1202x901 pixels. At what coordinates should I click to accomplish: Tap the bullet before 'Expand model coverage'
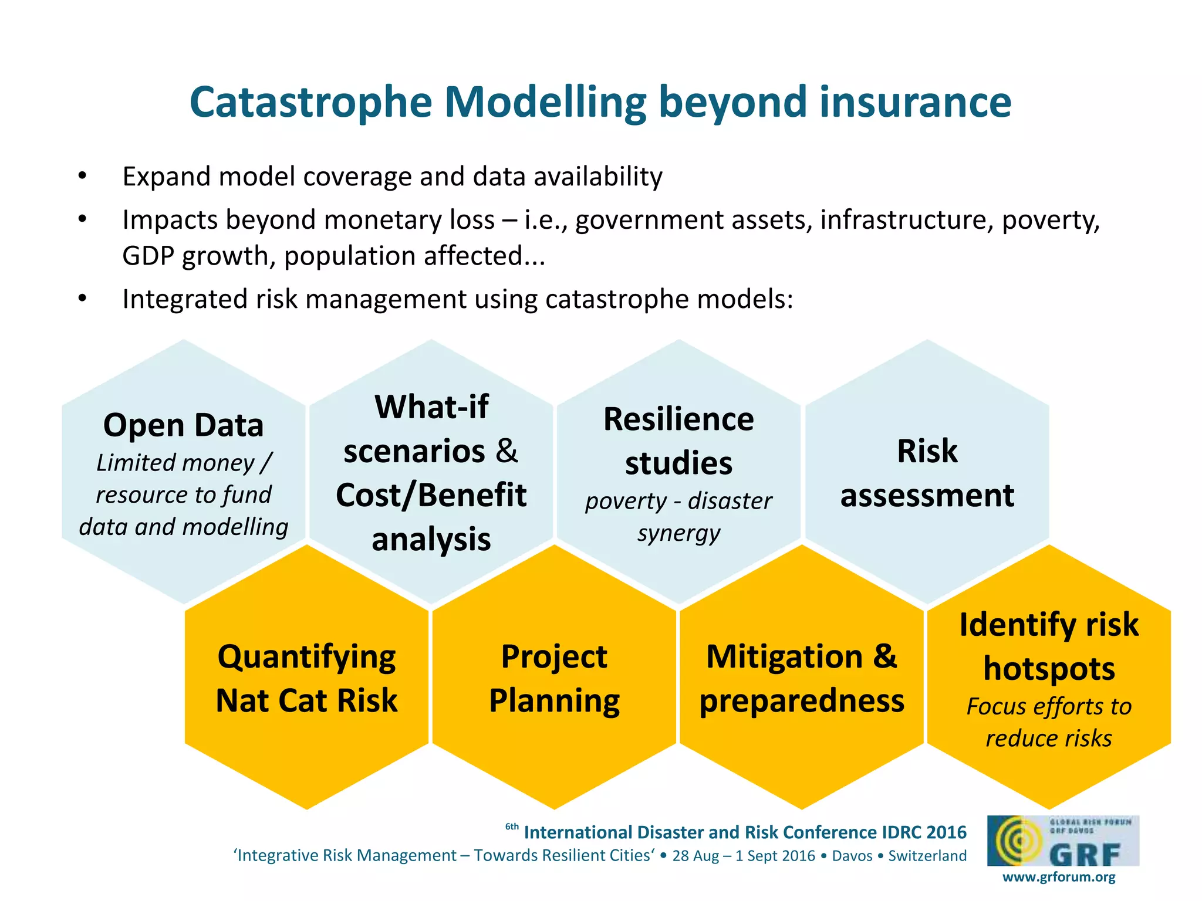tap(82, 175)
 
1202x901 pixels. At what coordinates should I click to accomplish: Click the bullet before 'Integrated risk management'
tap(82, 299)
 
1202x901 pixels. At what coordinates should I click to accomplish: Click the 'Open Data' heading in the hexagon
tap(183, 425)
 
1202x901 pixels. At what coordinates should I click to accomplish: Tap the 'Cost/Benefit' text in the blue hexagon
tap(431, 495)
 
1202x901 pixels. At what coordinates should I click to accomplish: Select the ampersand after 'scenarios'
tap(507, 450)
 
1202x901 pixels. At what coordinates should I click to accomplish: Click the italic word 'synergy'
tap(678, 533)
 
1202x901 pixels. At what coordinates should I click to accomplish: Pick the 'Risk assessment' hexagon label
tap(927, 473)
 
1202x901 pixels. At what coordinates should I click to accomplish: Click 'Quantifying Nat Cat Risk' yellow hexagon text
tap(306, 678)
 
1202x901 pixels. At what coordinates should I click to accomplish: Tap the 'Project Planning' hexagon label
tap(554, 678)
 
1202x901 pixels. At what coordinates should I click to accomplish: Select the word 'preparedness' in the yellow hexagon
tap(802, 701)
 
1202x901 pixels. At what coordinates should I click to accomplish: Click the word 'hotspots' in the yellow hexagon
tap(1049, 669)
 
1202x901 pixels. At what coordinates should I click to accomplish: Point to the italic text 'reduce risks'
tap(1049, 739)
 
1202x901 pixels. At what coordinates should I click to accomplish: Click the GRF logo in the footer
tap(1063, 841)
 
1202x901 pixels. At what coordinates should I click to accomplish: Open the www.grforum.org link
tap(1058, 878)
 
